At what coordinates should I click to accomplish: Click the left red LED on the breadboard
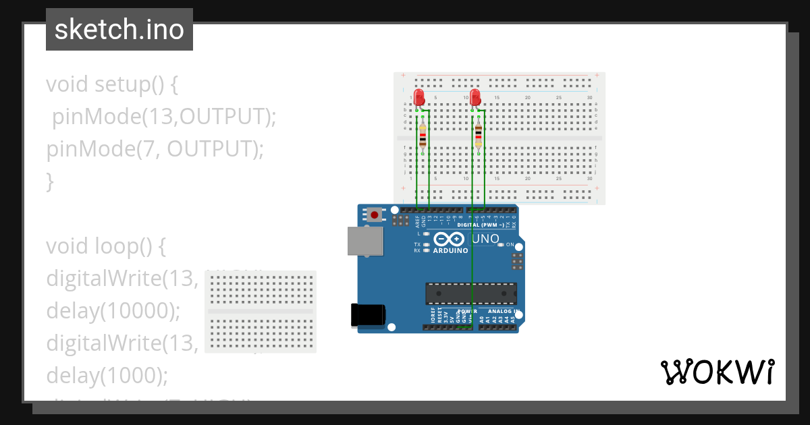tap(419, 96)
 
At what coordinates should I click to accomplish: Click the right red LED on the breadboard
tap(475, 96)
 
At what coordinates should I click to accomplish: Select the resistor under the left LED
tap(423, 135)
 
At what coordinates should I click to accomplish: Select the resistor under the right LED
tap(479, 135)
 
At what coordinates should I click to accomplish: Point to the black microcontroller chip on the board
tap(471, 293)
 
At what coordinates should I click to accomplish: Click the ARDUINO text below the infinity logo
tap(450, 250)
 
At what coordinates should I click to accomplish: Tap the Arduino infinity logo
tap(450, 239)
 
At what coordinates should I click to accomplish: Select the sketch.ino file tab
tap(119, 30)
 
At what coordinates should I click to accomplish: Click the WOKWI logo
tap(718, 372)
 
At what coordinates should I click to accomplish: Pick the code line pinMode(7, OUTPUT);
tap(155, 148)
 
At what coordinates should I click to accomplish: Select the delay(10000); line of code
tap(113, 310)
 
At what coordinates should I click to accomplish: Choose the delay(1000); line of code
tap(107, 374)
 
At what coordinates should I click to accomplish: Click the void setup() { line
tap(112, 84)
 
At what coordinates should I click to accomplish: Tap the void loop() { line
tap(106, 246)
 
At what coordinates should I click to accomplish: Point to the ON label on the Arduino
tap(510, 244)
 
